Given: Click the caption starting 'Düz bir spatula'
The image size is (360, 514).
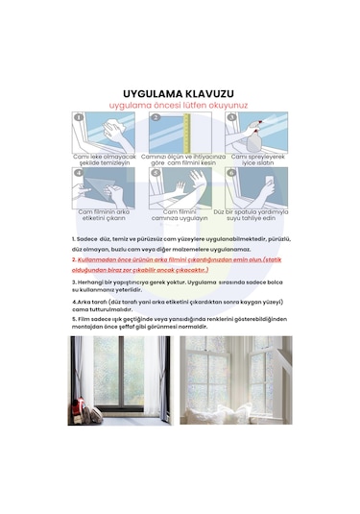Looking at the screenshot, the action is [258, 214].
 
